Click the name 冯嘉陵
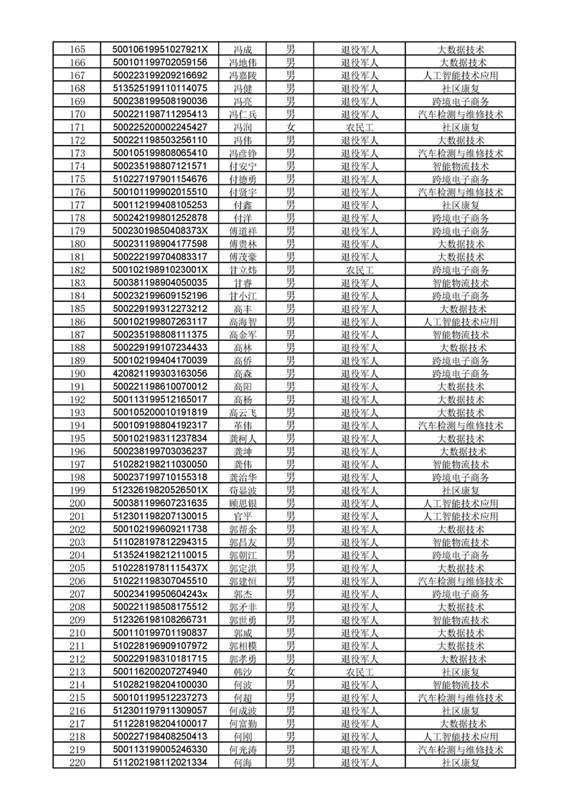click(243, 75)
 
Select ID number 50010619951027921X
click(160, 50)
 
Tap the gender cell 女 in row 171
click(291, 127)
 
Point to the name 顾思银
click(243, 503)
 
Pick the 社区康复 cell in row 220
click(460, 763)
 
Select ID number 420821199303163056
click(160, 374)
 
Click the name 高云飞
click(243, 413)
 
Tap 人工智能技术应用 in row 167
click(460, 75)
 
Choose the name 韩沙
click(243, 672)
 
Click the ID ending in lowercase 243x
click(160, 594)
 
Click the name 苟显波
click(243, 490)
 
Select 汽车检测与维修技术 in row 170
click(460, 114)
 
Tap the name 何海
click(243, 763)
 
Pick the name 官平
click(243, 516)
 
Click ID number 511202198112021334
click(160, 763)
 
